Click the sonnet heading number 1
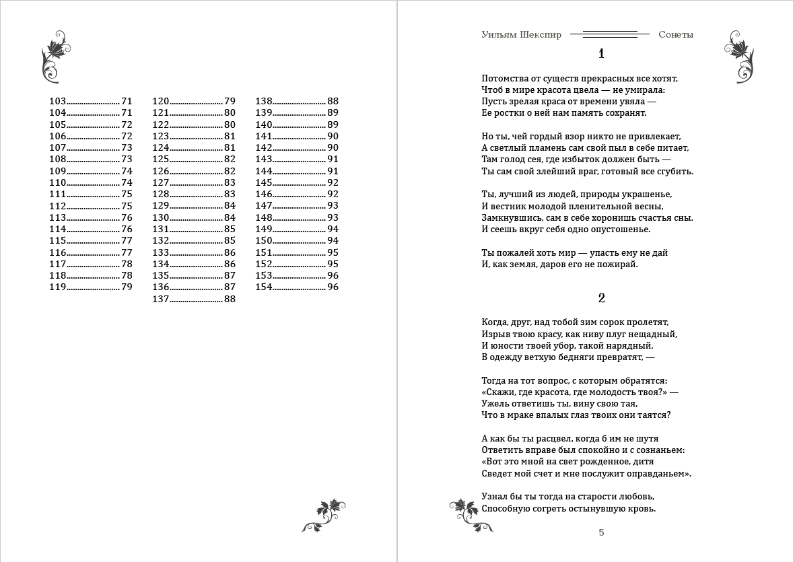(x=601, y=55)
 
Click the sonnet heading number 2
(x=601, y=298)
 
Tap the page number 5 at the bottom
(x=601, y=532)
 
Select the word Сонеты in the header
(x=676, y=35)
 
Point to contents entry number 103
(x=58, y=101)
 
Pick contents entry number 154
(x=263, y=287)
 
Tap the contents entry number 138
(x=263, y=101)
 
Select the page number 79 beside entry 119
(x=127, y=287)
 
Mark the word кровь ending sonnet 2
(x=641, y=508)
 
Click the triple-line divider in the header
(x=610, y=34)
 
